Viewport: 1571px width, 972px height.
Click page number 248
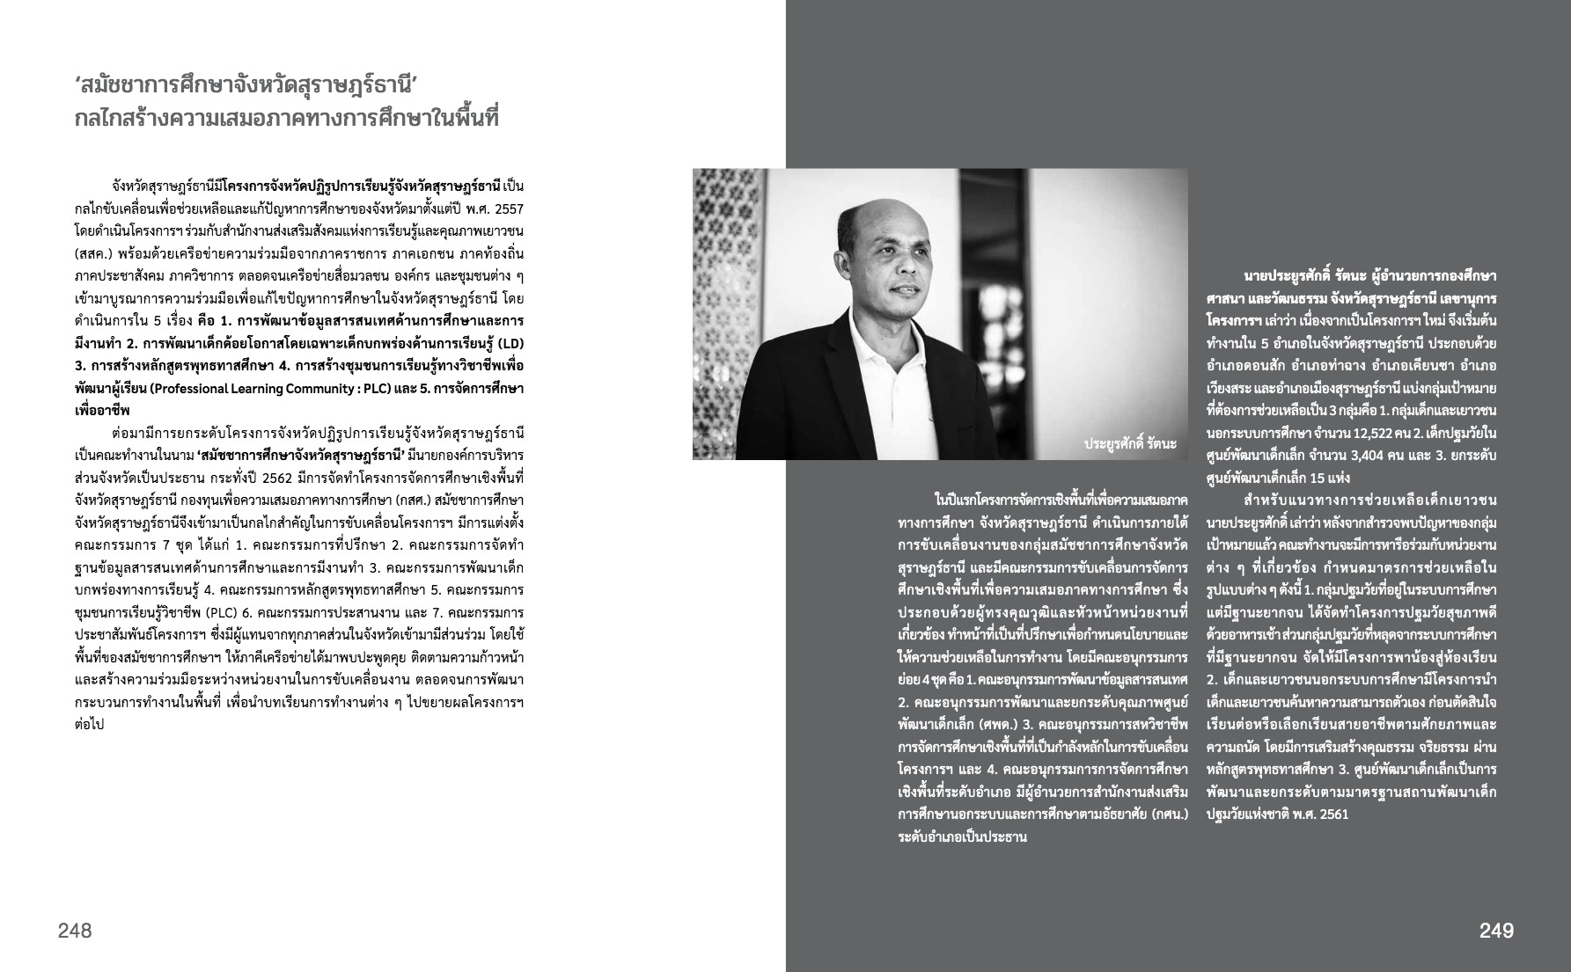tap(75, 931)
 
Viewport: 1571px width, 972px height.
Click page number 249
tap(1496, 931)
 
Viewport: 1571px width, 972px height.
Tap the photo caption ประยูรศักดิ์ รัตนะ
tap(1130, 443)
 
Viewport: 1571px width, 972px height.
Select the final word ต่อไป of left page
tap(90, 725)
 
